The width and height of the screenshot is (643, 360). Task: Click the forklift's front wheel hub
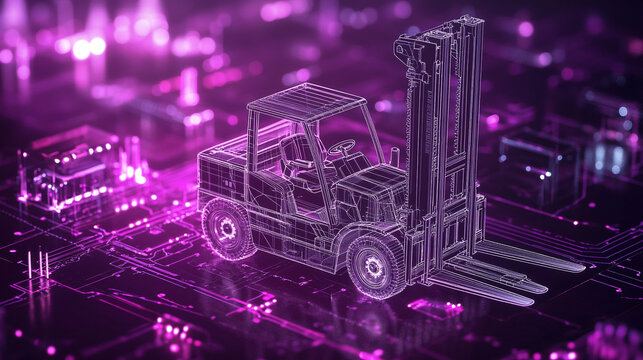[x=374, y=266]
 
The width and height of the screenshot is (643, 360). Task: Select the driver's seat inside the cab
[x=298, y=160]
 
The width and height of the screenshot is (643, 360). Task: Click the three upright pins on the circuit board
[x=37, y=266]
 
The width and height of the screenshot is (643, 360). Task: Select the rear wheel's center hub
[x=228, y=229]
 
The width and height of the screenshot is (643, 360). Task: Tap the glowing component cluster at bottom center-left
[x=175, y=330]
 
